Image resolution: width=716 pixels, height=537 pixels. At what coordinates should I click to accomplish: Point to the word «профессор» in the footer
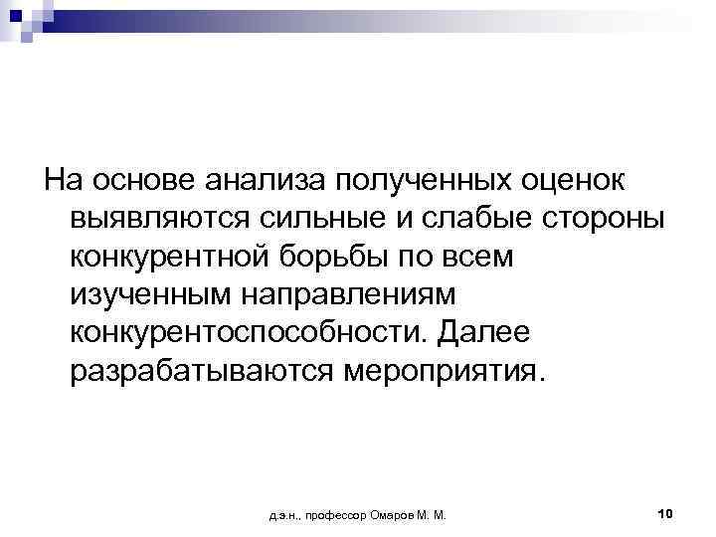point(333,515)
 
